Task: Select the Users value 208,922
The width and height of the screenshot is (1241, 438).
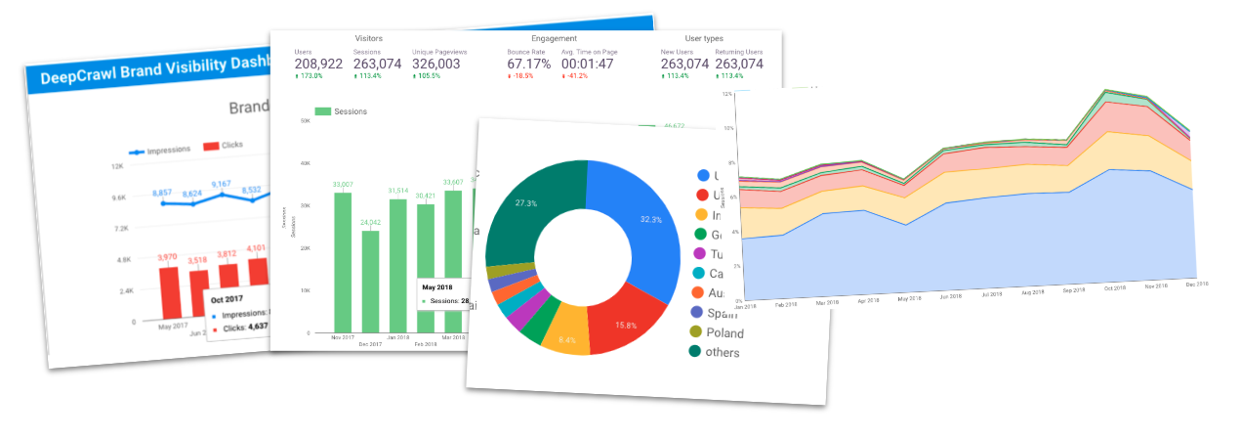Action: [318, 65]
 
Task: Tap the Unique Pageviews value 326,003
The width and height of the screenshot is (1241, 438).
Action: [438, 65]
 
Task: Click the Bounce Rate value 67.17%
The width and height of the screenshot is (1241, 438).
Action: [529, 65]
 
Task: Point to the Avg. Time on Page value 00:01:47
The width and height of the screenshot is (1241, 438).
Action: [588, 65]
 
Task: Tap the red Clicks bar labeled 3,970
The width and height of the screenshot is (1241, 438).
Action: [170, 292]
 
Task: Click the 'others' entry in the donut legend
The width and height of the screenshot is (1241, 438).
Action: [717, 352]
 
